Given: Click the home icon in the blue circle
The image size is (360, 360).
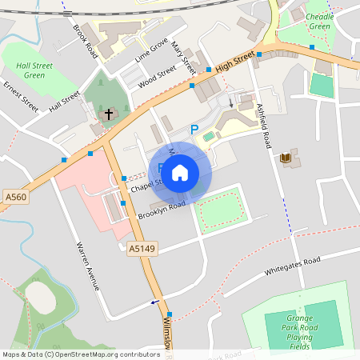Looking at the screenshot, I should [180, 171].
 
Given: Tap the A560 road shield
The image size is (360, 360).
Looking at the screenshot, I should [14, 196].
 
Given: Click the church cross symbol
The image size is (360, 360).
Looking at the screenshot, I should [108, 114].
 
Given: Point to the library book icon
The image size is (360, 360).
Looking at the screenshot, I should [286, 158].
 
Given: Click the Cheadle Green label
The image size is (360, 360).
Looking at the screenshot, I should [318, 21].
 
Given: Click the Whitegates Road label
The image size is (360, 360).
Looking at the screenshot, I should [294, 267].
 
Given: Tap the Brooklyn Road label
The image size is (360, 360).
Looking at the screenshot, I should [162, 210].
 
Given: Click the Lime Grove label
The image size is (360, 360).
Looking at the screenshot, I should [151, 50].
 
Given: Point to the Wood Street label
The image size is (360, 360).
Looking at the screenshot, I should [157, 78].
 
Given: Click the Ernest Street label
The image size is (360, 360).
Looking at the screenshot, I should [21, 94].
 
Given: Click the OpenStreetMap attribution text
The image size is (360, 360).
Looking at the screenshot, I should [81, 354].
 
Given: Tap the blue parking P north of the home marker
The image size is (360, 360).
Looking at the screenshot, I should [194, 130].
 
